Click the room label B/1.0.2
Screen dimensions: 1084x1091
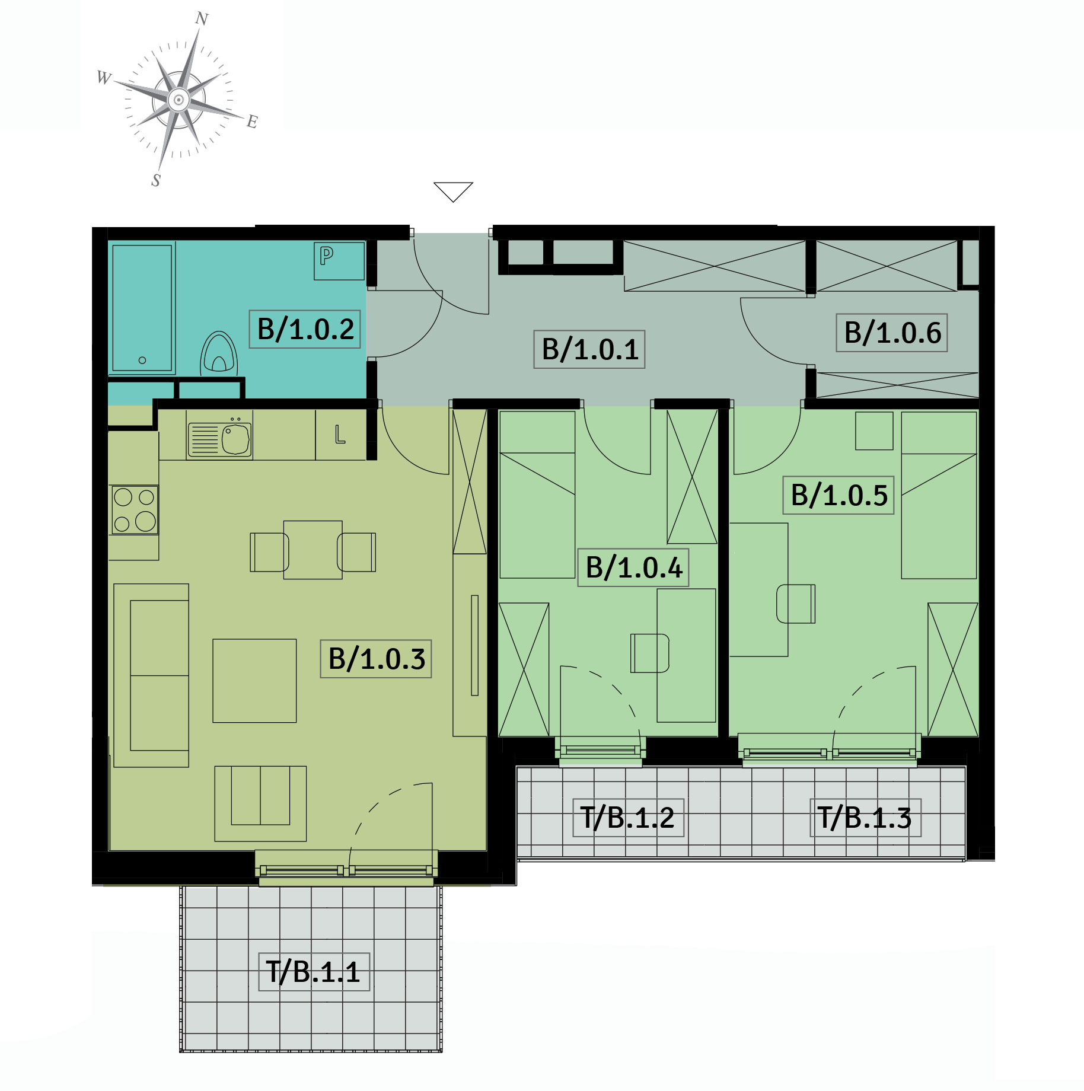[305, 328]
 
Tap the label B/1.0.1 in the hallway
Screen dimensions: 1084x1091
[589, 349]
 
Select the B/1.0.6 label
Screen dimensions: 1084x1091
[892, 333]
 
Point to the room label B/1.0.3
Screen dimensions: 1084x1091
[376, 659]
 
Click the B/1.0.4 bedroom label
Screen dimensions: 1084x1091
[633, 567]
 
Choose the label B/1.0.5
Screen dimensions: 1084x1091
[838, 495]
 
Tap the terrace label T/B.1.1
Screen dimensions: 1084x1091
[314, 972]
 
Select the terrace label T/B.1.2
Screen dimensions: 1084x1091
[629, 818]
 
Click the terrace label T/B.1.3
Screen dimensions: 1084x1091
[866, 818]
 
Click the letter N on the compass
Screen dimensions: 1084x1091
[202, 19]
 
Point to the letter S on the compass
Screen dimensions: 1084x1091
[156, 180]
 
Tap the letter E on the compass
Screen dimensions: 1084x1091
[252, 122]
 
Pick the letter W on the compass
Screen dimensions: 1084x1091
[104, 78]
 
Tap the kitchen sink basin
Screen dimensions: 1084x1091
[236, 439]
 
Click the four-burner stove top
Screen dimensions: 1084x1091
[135, 510]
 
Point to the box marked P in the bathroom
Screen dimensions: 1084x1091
[339, 260]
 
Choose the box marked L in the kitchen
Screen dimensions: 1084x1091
[340, 435]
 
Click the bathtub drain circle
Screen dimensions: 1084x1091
[142, 360]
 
